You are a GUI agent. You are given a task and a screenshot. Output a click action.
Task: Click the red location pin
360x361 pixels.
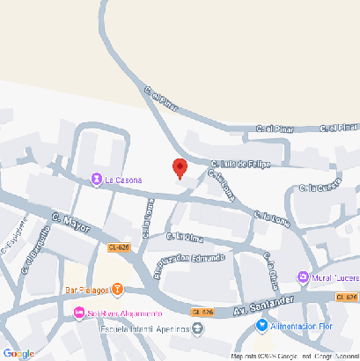click(180, 167)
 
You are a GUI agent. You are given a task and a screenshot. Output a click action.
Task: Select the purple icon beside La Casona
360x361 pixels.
click(96, 180)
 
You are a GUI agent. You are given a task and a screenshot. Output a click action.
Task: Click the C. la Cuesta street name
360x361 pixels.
click(320, 187)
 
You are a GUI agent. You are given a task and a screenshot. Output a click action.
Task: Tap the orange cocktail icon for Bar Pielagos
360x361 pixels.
click(117, 290)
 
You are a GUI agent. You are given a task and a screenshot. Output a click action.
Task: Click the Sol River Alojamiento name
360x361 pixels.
click(123, 313)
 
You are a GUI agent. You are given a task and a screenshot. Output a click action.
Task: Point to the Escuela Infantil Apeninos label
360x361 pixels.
click(133, 329)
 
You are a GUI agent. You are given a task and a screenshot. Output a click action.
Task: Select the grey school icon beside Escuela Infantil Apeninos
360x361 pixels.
click(197, 329)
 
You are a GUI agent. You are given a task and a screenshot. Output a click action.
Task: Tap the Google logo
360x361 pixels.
click(18, 353)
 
